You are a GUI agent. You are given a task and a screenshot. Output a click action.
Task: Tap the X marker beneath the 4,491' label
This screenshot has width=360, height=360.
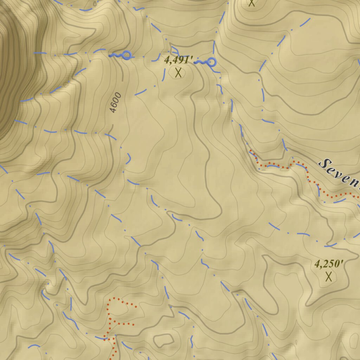(x=179, y=73)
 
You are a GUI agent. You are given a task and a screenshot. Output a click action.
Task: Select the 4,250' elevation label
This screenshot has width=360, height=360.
(x=329, y=264)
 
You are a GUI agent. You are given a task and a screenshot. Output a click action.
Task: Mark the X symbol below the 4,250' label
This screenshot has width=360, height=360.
(x=329, y=277)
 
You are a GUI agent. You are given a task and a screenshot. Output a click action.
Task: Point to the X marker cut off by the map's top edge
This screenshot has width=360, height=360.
(x=251, y=3)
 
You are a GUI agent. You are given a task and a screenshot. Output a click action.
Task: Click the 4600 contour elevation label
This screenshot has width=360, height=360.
(x=115, y=102)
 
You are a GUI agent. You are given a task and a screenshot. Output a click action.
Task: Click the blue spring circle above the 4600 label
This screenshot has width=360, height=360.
(x=126, y=55)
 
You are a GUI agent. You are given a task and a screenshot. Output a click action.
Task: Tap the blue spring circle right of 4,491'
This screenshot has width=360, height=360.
(x=211, y=63)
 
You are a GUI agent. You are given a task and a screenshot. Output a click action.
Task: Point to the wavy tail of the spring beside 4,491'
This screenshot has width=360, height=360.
(x=201, y=63)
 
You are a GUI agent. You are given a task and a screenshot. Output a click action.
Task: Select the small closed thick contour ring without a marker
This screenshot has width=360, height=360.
(x=164, y=340)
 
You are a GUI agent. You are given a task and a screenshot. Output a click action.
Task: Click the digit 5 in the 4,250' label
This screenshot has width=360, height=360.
(x=332, y=264)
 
